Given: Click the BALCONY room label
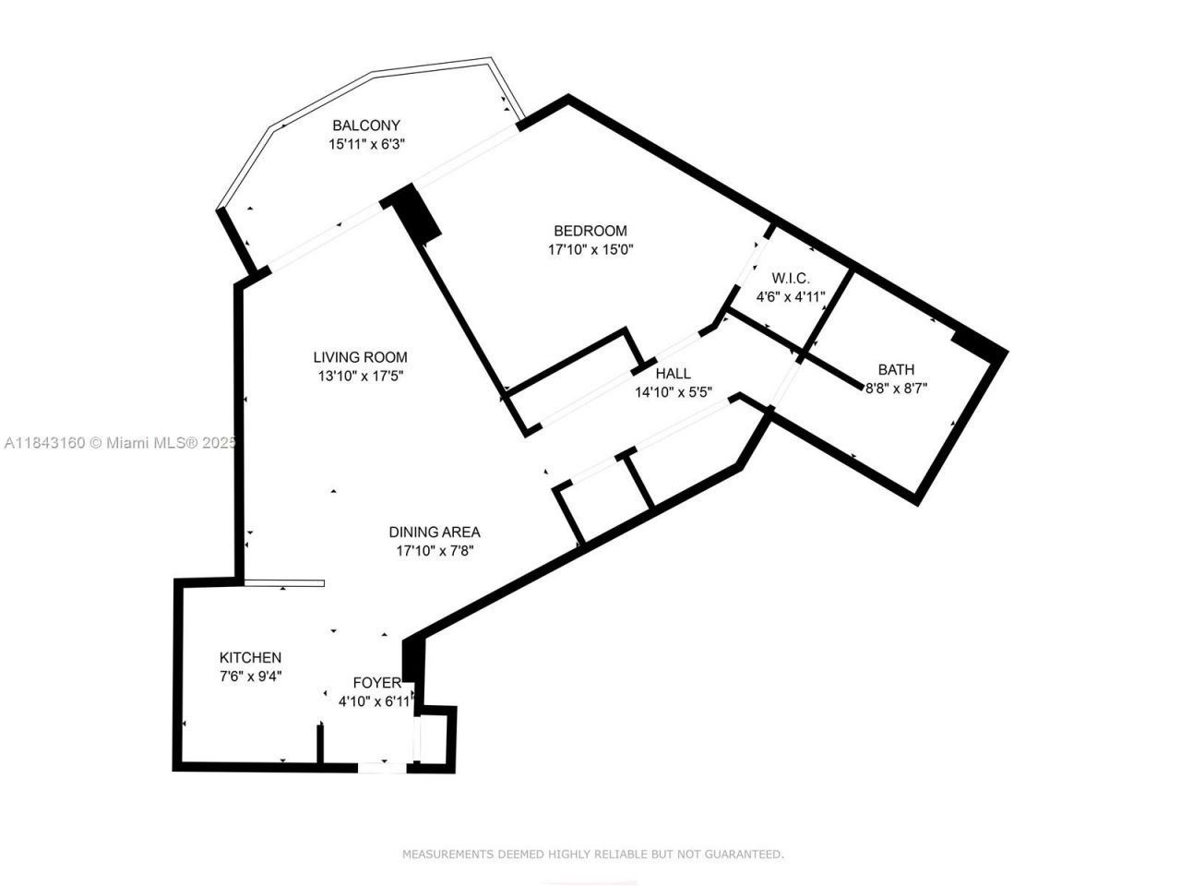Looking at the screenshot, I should (366, 126).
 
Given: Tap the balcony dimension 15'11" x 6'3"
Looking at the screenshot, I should (366, 144).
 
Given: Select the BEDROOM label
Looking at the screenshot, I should (590, 231).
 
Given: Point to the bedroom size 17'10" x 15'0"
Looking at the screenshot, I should (590, 249).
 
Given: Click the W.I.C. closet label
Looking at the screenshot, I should (791, 278).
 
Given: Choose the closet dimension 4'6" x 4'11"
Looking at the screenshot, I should (791, 297).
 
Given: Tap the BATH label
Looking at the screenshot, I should (896, 370).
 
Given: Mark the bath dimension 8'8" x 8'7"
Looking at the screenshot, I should (896, 389).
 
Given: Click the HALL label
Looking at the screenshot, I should (673, 374).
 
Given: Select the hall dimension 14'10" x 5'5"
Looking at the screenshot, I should (673, 392).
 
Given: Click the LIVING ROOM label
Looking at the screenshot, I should (360, 357).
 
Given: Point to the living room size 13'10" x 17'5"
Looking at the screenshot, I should (360, 376).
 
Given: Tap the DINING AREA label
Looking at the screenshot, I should (435, 532).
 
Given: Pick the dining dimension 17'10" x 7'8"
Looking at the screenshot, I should (435, 551).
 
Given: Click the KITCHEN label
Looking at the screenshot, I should (250, 657).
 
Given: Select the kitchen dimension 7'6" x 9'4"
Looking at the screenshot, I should (250, 676).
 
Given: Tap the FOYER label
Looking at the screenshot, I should (377, 683).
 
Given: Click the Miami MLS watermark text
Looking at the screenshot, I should (120, 443).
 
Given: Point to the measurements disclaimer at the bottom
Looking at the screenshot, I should (592, 855).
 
